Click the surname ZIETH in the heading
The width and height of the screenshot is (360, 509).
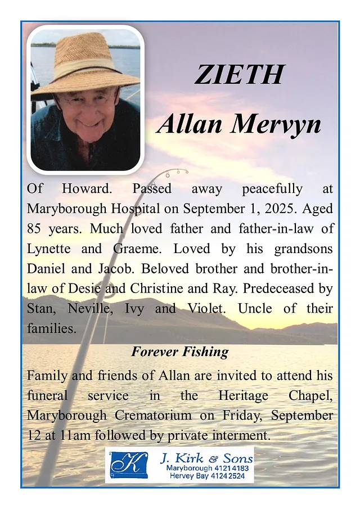[x=240, y=75]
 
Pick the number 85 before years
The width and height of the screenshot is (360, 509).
[x=36, y=229]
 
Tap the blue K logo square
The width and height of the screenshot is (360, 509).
[x=129, y=465]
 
